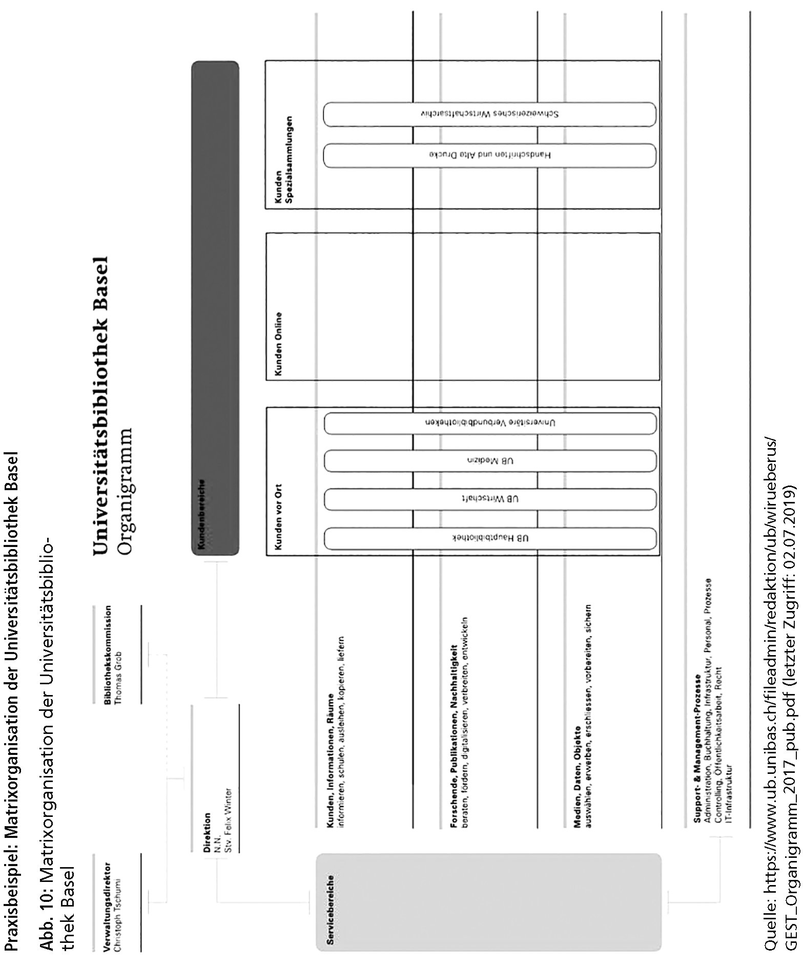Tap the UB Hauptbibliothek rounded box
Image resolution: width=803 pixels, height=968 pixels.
[x=490, y=538]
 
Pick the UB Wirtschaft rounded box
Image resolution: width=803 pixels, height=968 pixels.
[x=490, y=499]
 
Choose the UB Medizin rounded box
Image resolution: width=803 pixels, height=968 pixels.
[x=490, y=460]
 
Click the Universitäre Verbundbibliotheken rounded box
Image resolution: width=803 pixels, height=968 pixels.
[x=490, y=423]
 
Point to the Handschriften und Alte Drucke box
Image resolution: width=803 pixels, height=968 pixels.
[x=490, y=155]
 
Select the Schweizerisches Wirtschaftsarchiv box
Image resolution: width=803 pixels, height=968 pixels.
[x=490, y=114]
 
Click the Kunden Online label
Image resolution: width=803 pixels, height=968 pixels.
[x=279, y=344]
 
